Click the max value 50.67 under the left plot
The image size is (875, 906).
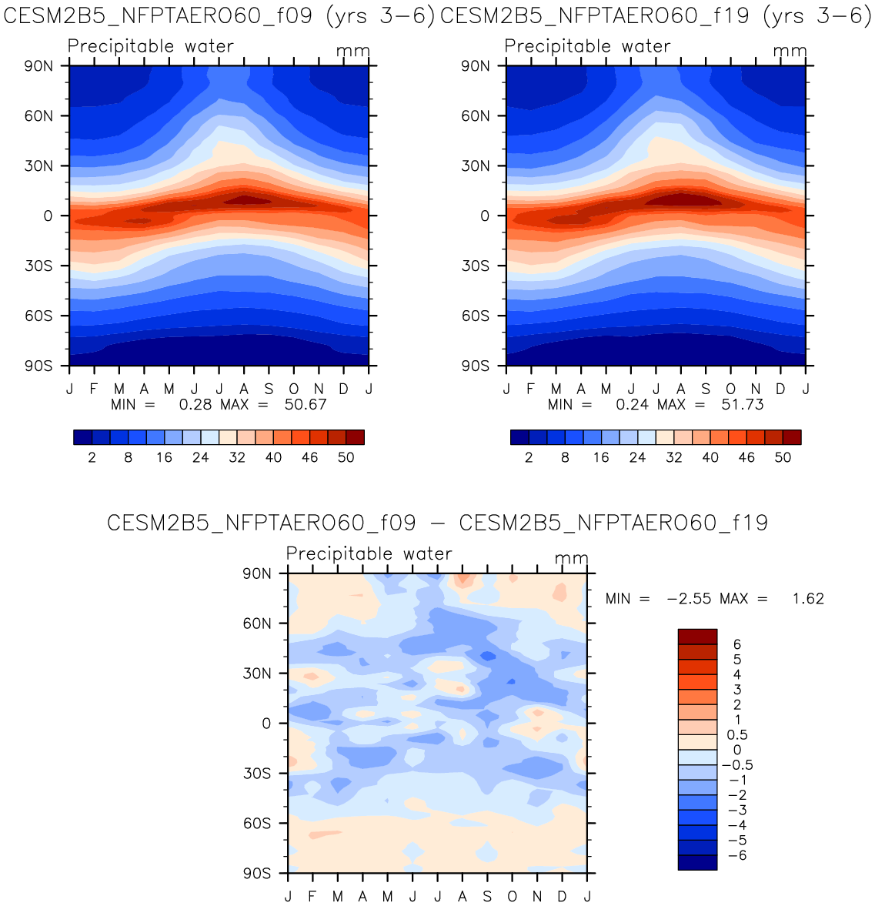pyautogui.click(x=306, y=404)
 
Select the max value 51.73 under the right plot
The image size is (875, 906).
pyautogui.click(x=743, y=404)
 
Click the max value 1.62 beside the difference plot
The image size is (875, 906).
pyautogui.click(x=808, y=599)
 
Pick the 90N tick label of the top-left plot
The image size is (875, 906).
pyautogui.click(x=38, y=66)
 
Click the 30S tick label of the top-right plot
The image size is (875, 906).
pyautogui.click(x=475, y=266)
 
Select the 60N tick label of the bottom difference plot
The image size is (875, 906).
pyautogui.click(x=257, y=624)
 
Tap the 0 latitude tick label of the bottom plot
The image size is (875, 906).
pyautogui.click(x=266, y=724)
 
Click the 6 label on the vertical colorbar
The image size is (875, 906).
pyautogui.click(x=737, y=644)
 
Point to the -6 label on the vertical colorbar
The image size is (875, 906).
pyautogui.click(x=736, y=856)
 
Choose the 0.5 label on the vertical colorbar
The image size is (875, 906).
pyautogui.click(x=737, y=735)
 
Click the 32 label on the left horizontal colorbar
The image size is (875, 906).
pyautogui.click(x=237, y=457)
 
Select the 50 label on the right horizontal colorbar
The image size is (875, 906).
pyautogui.click(x=783, y=457)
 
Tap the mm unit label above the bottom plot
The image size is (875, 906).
pyautogui.click(x=571, y=559)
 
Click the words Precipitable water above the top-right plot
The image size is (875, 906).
pyautogui.click(x=587, y=47)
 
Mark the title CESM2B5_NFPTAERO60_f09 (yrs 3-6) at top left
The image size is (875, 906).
pyautogui.click(x=219, y=15)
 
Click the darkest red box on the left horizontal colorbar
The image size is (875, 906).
pyautogui.click(x=355, y=437)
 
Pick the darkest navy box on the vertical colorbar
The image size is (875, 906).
pyautogui.click(x=697, y=862)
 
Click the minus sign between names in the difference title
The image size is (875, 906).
pyautogui.click(x=437, y=523)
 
